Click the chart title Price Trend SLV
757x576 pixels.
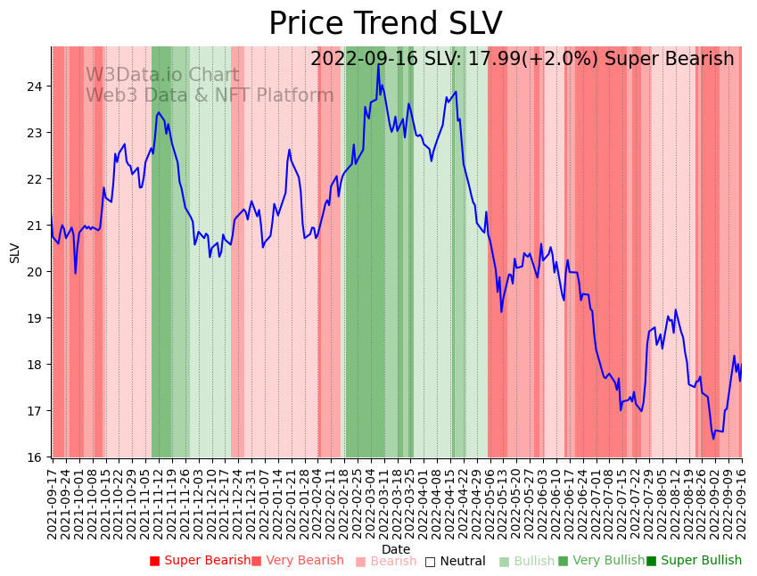point(385,24)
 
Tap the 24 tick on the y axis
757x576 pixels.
point(39,86)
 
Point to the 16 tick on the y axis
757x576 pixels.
point(39,457)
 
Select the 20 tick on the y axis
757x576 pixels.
point(39,272)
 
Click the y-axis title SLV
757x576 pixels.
point(15,252)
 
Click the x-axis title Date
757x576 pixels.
point(396,549)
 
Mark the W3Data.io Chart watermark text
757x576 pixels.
point(162,76)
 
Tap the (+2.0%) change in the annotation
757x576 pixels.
point(566,60)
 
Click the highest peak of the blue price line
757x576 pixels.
point(378,65)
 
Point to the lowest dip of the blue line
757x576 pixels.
point(713,439)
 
